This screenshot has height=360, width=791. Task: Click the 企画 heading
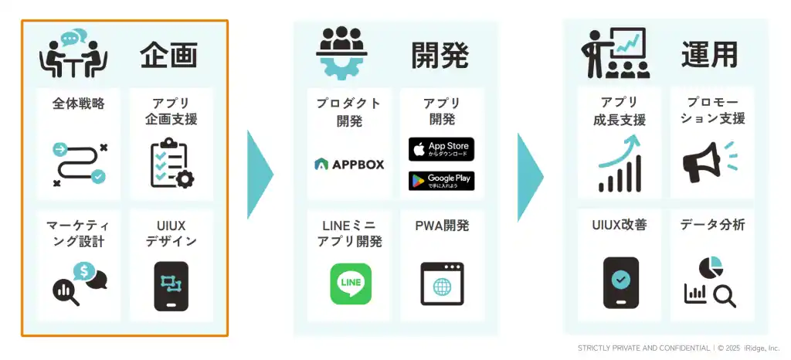click(x=168, y=55)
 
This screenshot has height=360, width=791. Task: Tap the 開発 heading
click(x=440, y=55)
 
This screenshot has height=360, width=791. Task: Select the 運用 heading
click(x=709, y=54)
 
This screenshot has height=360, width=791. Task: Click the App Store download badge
click(x=441, y=149)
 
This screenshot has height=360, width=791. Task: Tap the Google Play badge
click(x=441, y=181)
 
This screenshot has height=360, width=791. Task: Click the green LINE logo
click(x=351, y=284)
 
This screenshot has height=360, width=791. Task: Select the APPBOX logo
click(x=349, y=165)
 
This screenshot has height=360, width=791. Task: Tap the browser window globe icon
click(x=442, y=284)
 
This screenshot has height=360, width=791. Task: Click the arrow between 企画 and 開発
click(x=260, y=175)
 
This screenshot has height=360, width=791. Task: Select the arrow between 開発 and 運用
click(x=531, y=177)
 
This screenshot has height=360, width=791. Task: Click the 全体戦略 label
click(x=79, y=104)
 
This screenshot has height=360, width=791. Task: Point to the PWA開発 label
click(x=442, y=226)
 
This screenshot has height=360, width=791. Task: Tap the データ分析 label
click(x=711, y=225)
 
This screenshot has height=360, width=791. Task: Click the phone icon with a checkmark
click(x=620, y=283)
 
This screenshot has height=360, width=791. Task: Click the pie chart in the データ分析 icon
click(x=711, y=267)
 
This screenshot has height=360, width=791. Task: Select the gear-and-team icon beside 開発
click(x=341, y=52)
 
